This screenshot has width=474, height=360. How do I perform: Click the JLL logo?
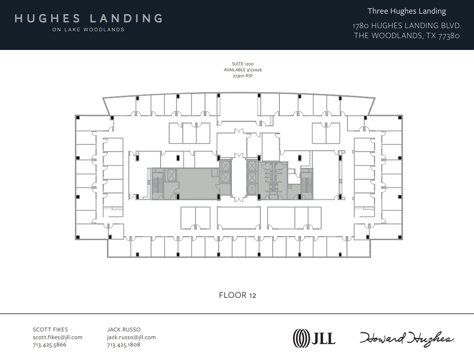tap(314, 338)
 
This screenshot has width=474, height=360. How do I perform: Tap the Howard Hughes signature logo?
tap(407, 338)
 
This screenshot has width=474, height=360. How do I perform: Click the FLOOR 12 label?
tap(237, 295)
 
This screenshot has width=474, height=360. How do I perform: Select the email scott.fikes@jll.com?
tap(58, 337)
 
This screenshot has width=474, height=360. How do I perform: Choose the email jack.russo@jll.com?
tap(131, 337)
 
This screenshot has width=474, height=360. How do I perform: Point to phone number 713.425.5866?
tap(49, 345)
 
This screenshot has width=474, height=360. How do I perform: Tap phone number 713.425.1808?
tap(123, 345)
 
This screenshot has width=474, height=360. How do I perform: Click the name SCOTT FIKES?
tap(50, 330)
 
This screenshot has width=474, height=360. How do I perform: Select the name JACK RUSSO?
tap(124, 330)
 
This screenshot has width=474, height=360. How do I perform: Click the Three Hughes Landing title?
tap(407, 11)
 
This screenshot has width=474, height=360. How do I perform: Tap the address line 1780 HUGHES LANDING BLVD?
tap(407, 25)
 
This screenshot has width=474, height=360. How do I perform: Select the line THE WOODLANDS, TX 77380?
tap(407, 36)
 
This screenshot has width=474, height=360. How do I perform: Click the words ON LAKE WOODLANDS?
tap(88, 30)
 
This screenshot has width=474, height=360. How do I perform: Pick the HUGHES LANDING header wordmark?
tap(88, 19)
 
